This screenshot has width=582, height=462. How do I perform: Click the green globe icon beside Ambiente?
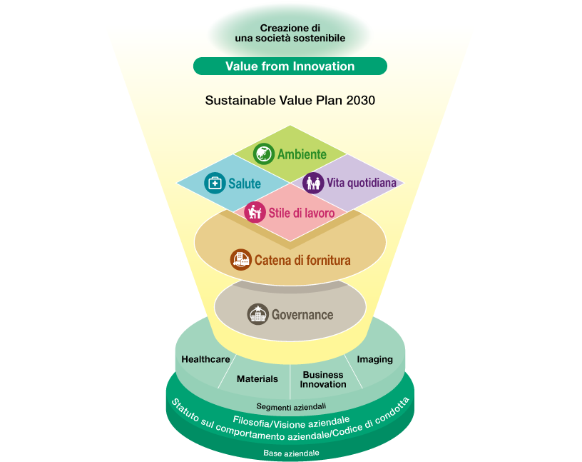(x=263, y=154)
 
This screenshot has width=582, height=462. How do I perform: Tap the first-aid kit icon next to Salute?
(x=215, y=183)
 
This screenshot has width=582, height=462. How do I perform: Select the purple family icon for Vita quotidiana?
(x=313, y=183)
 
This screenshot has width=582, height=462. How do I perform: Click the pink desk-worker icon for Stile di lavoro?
(x=255, y=212)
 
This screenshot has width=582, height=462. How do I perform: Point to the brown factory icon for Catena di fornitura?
(x=241, y=259)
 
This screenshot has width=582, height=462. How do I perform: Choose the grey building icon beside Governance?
(x=258, y=314)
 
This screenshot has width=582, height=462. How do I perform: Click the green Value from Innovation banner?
(x=290, y=66)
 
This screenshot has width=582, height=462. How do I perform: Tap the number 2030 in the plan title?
(x=360, y=101)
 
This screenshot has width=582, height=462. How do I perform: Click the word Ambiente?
(x=302, y=154)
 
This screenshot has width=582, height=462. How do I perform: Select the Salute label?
(x=245, y=184)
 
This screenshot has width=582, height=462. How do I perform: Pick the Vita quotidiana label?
(x=362, y=183)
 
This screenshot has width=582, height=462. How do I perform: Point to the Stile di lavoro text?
(x=302, y=213)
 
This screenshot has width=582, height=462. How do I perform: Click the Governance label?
(x=302, y=315)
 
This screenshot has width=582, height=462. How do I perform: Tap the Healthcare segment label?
(x=205, y=359)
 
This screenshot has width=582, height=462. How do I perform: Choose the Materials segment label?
(x=257, y=378)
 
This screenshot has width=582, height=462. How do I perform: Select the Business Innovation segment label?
(x=323, y=379)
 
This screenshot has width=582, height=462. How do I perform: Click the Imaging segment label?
(x=375, y=359)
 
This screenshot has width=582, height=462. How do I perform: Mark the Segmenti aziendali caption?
(x=292, y=406)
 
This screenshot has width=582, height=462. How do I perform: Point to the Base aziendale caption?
(x=292, y=453)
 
